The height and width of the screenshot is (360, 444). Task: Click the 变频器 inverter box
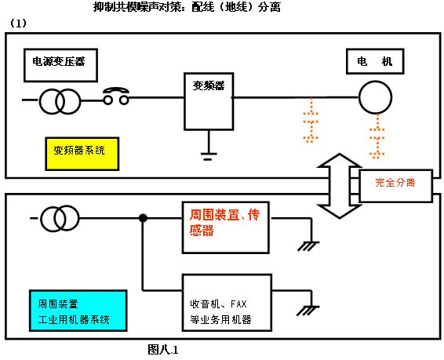click(x=208, y=100)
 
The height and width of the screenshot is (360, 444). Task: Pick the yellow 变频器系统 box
click(x=80, y=152)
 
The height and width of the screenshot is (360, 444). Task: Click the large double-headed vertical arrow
click(x=338, y=187)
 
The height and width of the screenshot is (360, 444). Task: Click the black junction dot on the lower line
click(x=142, y=217)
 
